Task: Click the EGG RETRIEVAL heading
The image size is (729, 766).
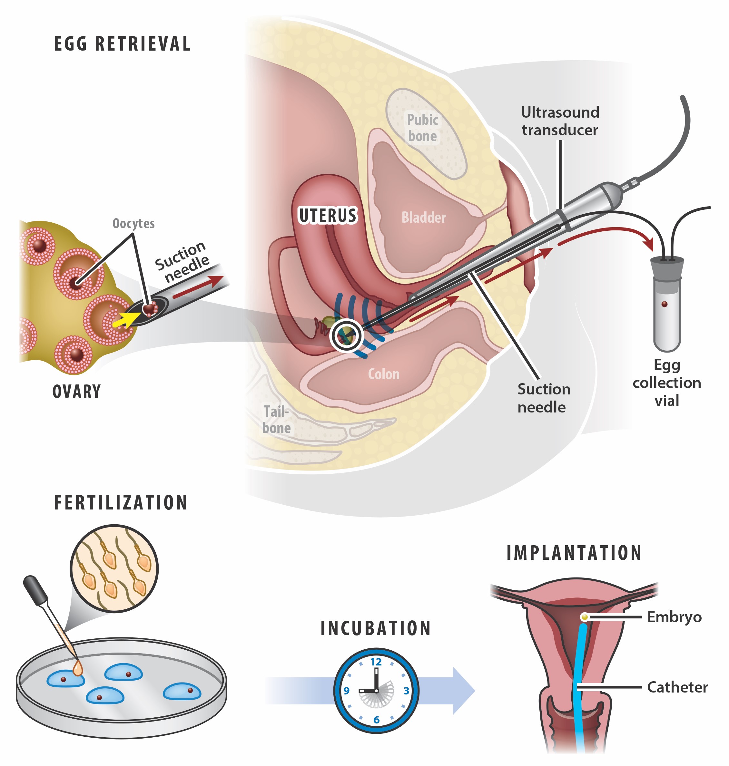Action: click(x=122, y=44)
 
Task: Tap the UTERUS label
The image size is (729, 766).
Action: click(x=327, y=216)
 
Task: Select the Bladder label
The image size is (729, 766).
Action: click(x=424, y=218)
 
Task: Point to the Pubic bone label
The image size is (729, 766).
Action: click(x=422, y=128)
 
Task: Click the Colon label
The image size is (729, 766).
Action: click(x=384, y=374)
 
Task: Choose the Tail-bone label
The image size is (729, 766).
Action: click(x=276, y=420)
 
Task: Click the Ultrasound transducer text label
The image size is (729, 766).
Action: click(x=560, y=121)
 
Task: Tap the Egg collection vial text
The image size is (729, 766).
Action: click(x=667, y=383)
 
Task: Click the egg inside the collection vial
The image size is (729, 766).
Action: click(x=665, y=304)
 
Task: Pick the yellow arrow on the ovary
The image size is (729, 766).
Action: click(x=124, y=320)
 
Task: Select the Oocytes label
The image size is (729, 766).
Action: click(x=133, y=223)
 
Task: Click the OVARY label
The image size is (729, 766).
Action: click(x=76, y=392)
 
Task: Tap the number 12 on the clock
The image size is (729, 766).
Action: click(x=376, y=662)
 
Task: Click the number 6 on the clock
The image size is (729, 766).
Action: click(x=376, y=720)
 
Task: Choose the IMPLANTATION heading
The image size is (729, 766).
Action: click(x=574, y=553)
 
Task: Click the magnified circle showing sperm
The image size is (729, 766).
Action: click(x=114, y=569)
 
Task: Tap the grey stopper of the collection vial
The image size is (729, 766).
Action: click(x=667, y=268)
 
